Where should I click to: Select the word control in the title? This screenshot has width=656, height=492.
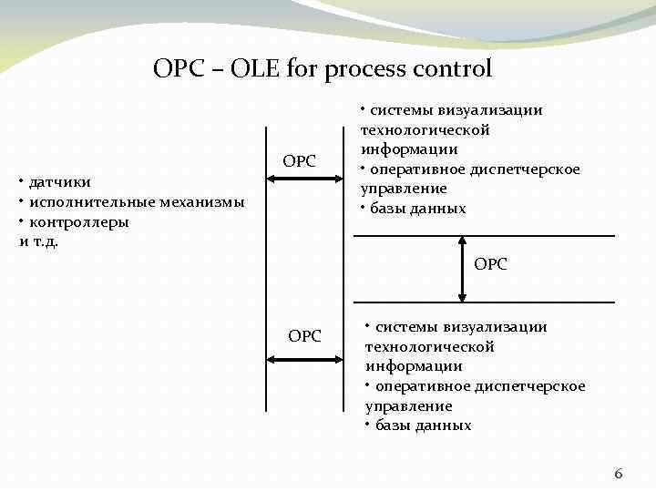(453, 68)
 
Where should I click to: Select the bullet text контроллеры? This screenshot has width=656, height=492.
(78, 222)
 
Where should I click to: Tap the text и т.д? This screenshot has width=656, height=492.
(38, 241)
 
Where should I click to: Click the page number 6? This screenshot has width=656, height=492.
(619, 473)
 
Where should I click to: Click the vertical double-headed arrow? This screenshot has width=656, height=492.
(463, 269)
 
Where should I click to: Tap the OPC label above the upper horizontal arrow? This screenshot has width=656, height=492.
(299, 161)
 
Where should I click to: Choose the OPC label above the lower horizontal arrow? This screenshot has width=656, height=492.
(304, 336)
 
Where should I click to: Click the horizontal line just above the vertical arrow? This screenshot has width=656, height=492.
(483, 236)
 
